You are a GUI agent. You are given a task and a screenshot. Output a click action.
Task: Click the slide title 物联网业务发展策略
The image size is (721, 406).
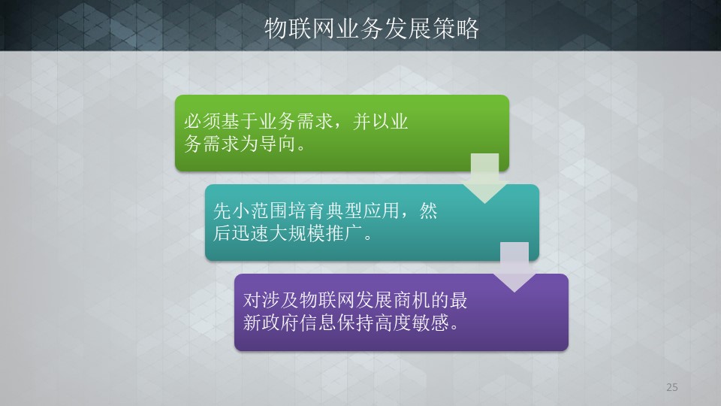click(x=372, y=29)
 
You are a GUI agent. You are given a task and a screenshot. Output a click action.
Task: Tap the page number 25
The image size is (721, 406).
click(x=671, y=387)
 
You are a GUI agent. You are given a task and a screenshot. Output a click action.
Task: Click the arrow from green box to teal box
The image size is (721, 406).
click(x=484, y=179)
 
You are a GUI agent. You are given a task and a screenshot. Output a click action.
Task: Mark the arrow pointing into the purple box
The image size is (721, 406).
click(x=514, y=268)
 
